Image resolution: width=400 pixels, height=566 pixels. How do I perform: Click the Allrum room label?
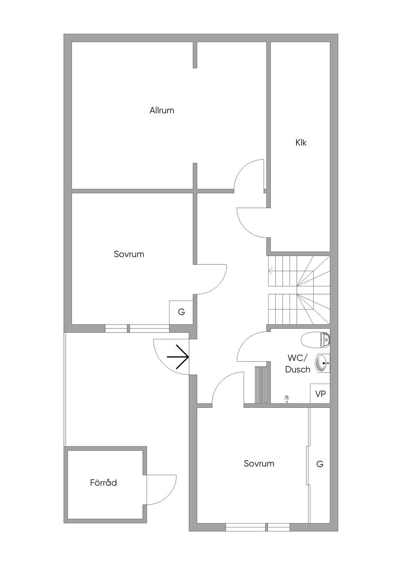point(162,111)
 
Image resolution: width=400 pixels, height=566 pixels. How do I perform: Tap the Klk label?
point(301,143)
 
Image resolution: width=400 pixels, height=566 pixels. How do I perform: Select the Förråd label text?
point(104,483)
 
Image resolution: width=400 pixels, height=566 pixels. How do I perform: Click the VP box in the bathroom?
point(320,393)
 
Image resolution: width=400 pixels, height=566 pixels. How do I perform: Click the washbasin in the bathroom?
point(322,363)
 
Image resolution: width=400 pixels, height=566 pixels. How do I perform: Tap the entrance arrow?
point(178,357)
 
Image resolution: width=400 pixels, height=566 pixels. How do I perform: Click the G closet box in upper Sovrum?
point(181,312)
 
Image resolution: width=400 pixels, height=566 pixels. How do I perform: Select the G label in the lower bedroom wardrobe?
point(320,464)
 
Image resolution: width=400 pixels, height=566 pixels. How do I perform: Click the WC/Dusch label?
point(298,364)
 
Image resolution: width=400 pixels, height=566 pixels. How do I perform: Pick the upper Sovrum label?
point(129,254)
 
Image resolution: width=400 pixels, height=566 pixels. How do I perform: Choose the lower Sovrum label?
point(259,463)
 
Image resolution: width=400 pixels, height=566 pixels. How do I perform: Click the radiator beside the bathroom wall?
point(261,384)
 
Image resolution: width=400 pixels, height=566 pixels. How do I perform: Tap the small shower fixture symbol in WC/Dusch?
point(287,398)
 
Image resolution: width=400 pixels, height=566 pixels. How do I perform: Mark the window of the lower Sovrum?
point(257,527)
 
